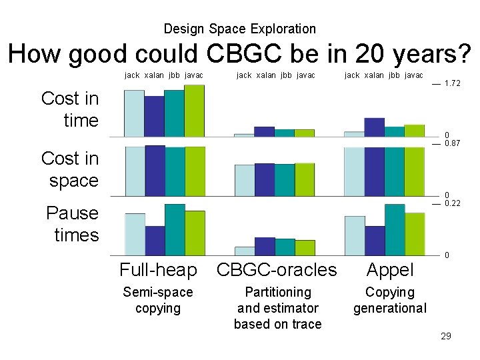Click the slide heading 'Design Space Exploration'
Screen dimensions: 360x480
pyautogui.click(x=239, y=29)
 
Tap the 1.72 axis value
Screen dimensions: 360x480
pyautogui.click(x=452, y=84)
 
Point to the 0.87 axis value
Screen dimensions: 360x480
pyautogui.click(x=452, y=143)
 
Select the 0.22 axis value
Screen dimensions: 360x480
pyautogui.click(x=452, y=203)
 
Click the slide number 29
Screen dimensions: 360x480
pyautogui.click(x=445, y=336)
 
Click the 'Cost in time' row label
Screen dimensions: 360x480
pyautogui.click(x=70, y=109)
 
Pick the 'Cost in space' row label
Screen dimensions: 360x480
pyautogui.click(x=70, y=169)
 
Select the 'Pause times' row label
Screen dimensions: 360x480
pyautogui.click(x=72, y=224)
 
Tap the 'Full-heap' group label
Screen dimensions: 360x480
pyautogui.click(x=158, y=270)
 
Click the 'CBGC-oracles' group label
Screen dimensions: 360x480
pyautogui.click(x=277, y=270)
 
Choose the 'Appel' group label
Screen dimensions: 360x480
pyautogui.click(x=390, y=270)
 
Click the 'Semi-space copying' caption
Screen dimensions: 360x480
pyautogui.click(x=158, y=300)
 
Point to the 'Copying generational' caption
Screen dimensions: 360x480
pyautogui.click(x=390, y=300)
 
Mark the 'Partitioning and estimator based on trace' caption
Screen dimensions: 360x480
pyautogui.click(x=277, y=308)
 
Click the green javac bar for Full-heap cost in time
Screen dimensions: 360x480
pyautogui.click(x=195, y=111)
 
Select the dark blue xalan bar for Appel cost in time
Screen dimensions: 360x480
pyautogui.click(x=374, y=127)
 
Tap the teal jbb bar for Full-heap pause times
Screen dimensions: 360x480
pyautogui.click(x=175, y=229)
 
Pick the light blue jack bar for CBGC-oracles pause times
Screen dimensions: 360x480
pyautogui.click(x=245, y=251)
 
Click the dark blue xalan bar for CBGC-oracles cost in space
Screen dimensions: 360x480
pyautogui.click(x=265, y=179)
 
